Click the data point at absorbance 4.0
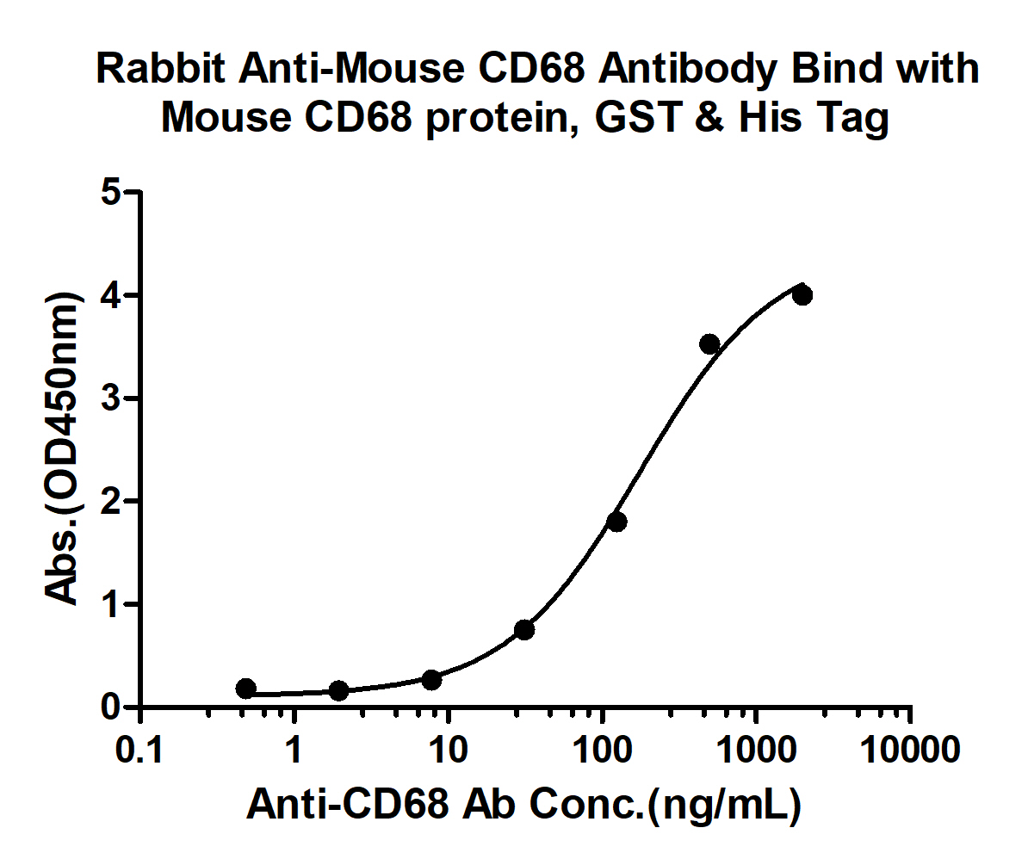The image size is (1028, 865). [x=802, y=295]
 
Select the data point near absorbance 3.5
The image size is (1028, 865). [x=709, y=344]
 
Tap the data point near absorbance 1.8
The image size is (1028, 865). [x=616, y=522]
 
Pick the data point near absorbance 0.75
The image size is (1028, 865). [x=524, y=630]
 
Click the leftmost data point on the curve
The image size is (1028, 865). [x=245, y=689]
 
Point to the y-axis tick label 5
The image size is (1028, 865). [x=110, y=193]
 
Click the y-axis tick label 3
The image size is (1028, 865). [x=110, y=399]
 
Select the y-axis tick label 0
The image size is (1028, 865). [x=110, y=707]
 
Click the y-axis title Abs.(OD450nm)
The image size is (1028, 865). [x=63, y=448]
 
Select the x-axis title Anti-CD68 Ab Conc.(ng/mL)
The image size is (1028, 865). [x=524, y=805]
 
